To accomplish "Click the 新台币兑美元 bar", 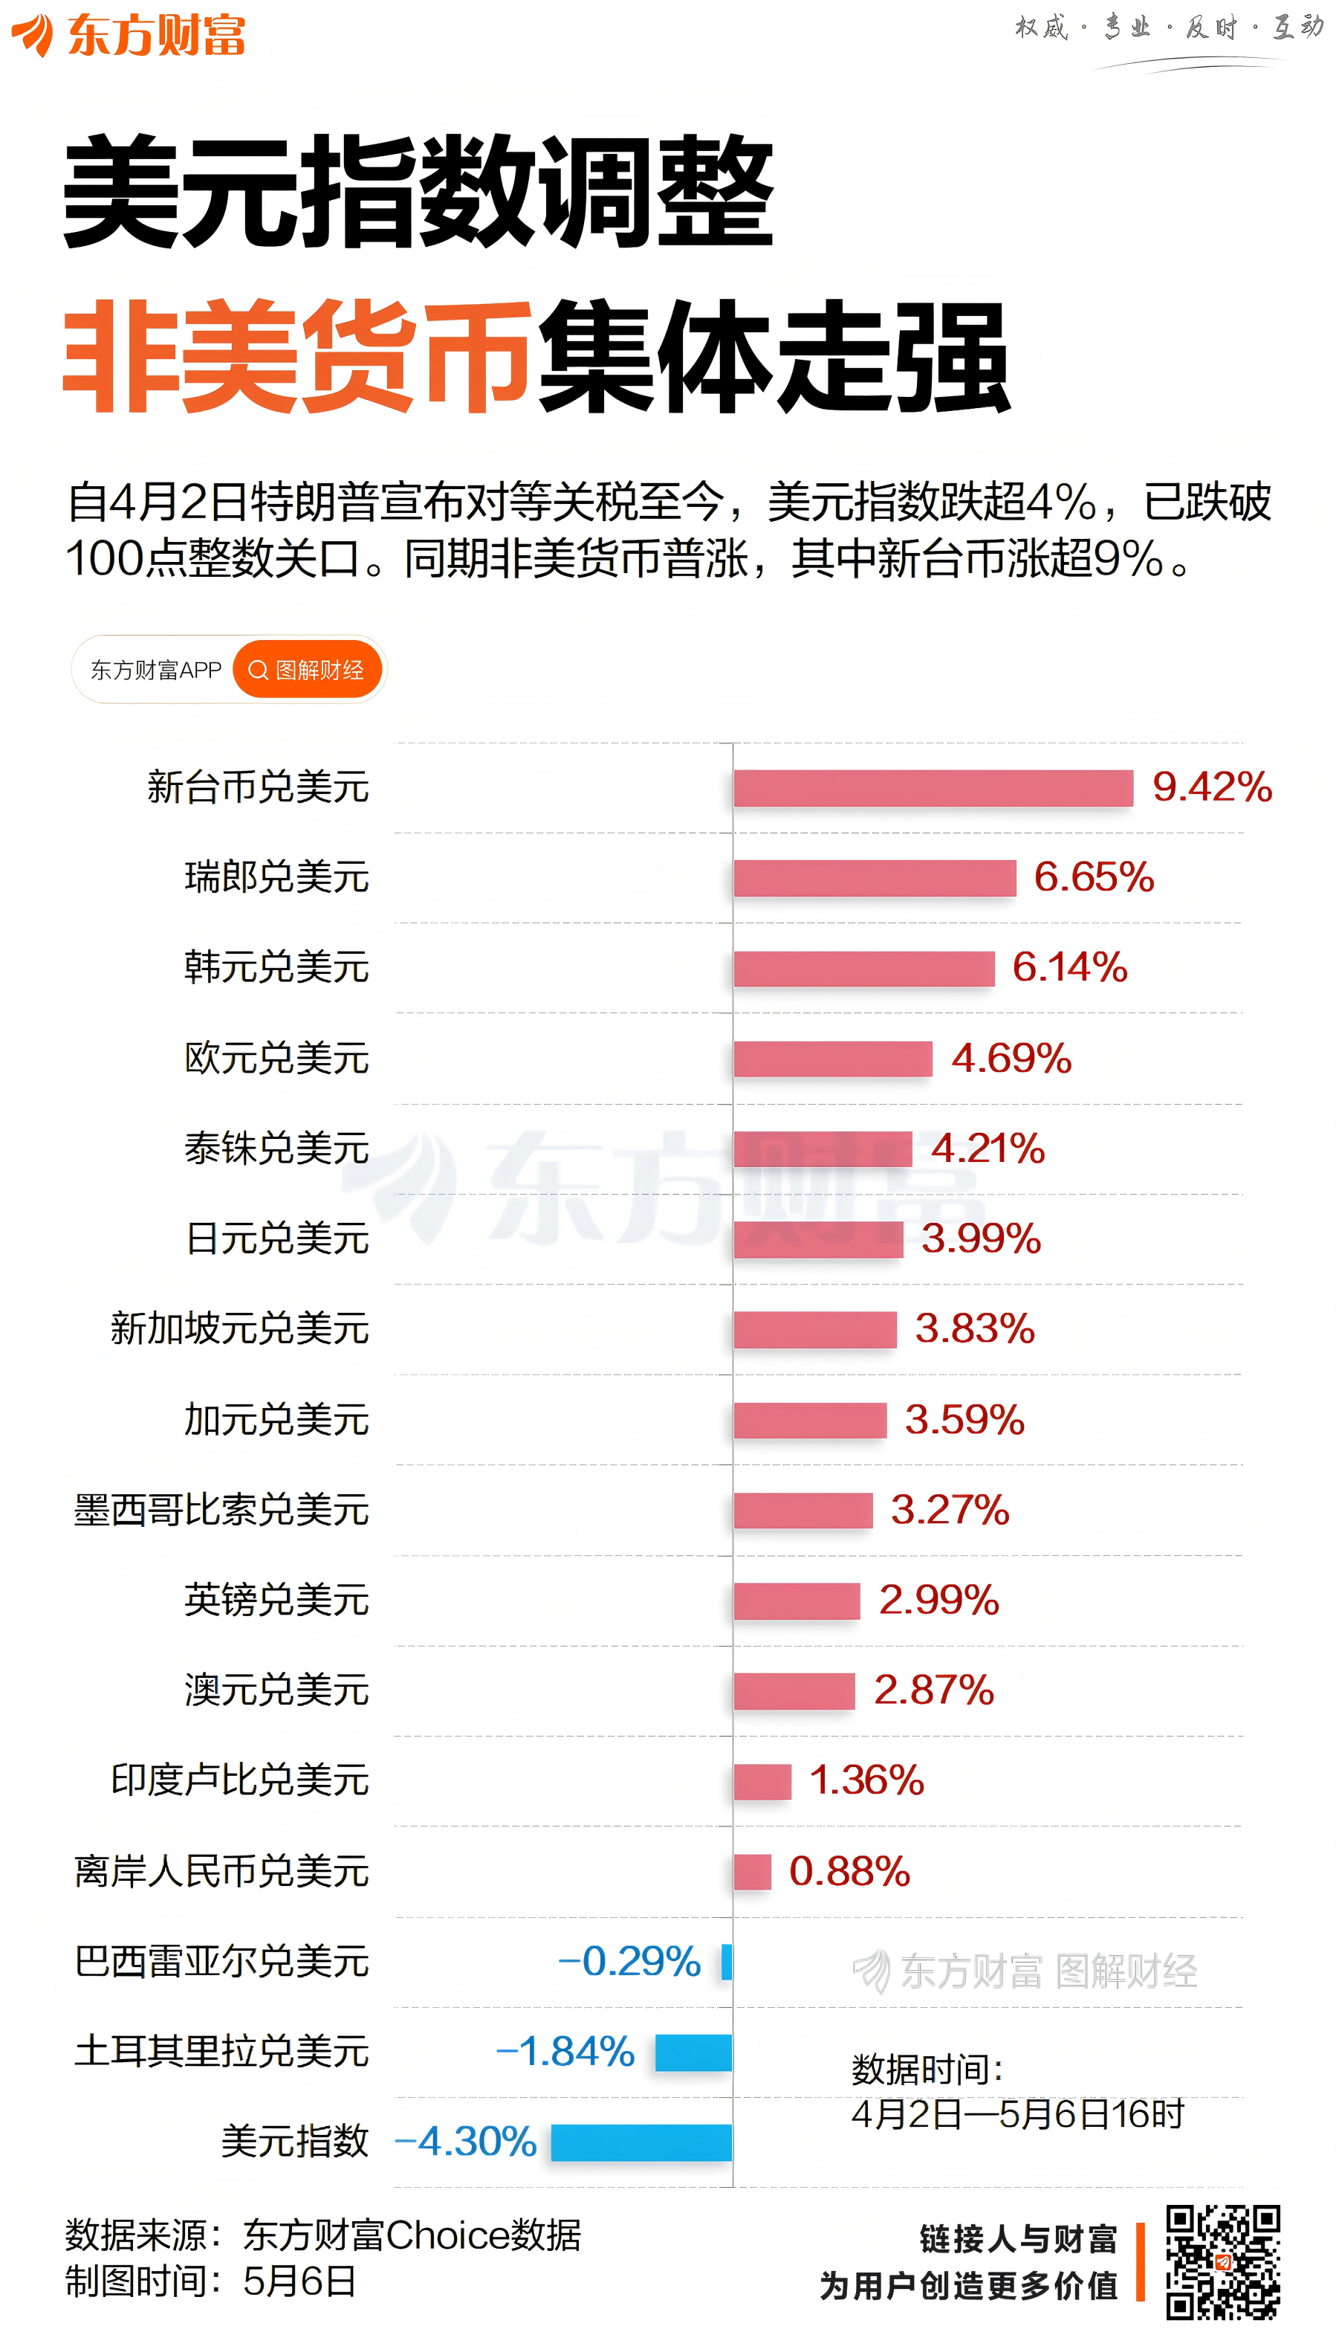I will click(x=933, y=787).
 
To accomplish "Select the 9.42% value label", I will click(x=1211, y=787).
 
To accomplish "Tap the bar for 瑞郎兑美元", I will click(x=875, y=877).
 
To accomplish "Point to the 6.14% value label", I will click(x=1069, y=966).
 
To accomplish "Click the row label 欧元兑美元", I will click(x=276, y=1057).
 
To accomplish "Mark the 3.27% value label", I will click(x=949, y=1510).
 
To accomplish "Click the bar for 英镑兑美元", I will click(x=797, y=1600).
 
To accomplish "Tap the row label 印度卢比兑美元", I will click(x=239, y=1780).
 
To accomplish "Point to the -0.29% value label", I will click(x=629, y=1961).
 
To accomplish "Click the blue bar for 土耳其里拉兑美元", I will click(x=694, y=2052).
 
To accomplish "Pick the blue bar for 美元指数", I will click(x=641, y=2142).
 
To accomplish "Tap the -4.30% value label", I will click(x=465, y=2141).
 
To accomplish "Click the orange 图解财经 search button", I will click(x=306, y=669).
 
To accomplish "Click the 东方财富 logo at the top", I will click(x=129, y=35).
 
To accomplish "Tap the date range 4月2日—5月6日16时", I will click(x=1016, y=2114).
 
